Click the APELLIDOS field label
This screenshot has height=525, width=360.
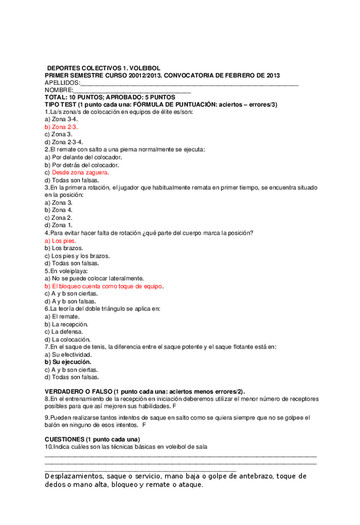point(62,82)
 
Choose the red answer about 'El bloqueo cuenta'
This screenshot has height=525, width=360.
point(104,287)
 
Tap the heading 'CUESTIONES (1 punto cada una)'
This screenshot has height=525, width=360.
point(92,439)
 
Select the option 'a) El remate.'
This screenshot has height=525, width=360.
point(62,316)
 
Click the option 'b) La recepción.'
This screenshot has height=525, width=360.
point(66,324)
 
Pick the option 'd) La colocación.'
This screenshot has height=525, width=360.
point(67,339)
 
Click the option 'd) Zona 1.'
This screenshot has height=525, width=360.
point(59,225)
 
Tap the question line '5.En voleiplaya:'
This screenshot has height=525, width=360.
point(66,271)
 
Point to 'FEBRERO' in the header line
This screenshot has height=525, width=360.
point(231,75)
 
